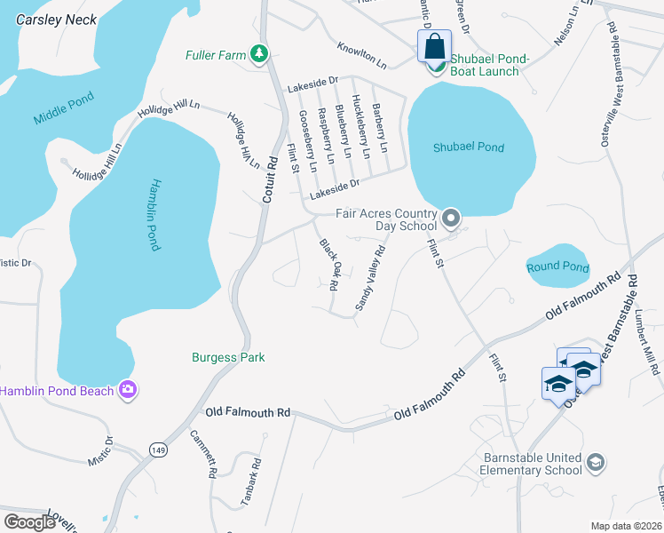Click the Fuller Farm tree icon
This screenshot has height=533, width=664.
pos(258,55)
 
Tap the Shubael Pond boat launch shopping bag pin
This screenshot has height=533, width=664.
pos(434,47)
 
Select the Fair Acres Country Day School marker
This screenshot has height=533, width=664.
pos(451,218)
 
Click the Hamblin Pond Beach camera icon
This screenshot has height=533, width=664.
pos(128,390)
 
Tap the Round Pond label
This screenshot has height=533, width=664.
pos(557,266)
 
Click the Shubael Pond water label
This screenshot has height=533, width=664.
pos(468,147)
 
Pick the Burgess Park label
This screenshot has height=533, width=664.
pos(228,357)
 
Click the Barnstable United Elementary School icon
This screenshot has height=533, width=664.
pos(596,463)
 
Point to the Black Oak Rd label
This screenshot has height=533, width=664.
pos(329,265)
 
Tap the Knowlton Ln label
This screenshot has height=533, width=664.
pos(361,54)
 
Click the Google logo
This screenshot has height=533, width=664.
pos(29,522)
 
